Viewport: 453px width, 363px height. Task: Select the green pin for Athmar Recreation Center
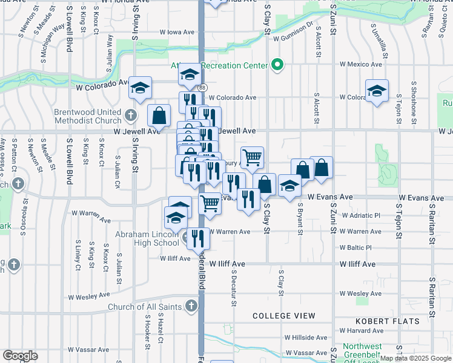(278, 64)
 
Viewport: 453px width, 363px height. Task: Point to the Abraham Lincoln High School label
(148, 239)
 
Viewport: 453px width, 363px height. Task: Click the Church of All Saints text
(145, 307)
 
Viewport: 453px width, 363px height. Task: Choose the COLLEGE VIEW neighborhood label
(283, 316)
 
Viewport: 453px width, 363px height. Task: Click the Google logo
(20, 356)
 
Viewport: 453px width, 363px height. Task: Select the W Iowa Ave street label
(177, 32)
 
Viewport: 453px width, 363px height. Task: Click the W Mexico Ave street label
(361, 64)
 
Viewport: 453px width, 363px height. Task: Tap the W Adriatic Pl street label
(360, 215)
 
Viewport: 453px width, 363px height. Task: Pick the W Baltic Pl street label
(356, 247)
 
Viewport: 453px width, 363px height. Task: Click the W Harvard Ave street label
(361, 330)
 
